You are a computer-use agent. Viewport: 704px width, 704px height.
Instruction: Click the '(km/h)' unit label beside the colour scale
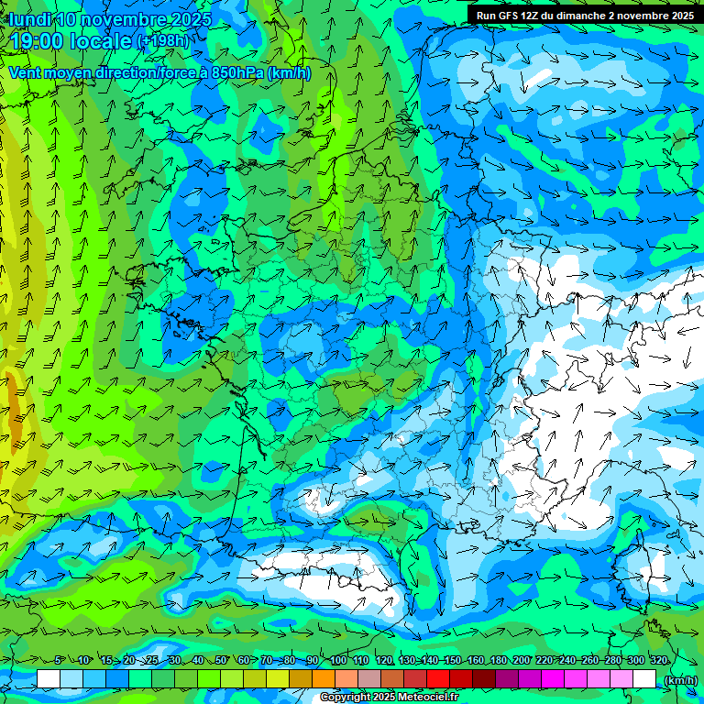pos(679,679)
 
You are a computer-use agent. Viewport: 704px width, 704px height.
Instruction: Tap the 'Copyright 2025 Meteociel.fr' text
pos(390,698)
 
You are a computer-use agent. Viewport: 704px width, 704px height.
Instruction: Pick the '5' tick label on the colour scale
pos(59,660)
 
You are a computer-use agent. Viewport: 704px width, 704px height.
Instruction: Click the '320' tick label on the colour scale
pos(658,660)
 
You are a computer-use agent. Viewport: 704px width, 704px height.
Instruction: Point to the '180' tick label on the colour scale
pos(498,660)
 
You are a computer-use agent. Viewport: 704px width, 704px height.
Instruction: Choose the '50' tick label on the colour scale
pos(221,660)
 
